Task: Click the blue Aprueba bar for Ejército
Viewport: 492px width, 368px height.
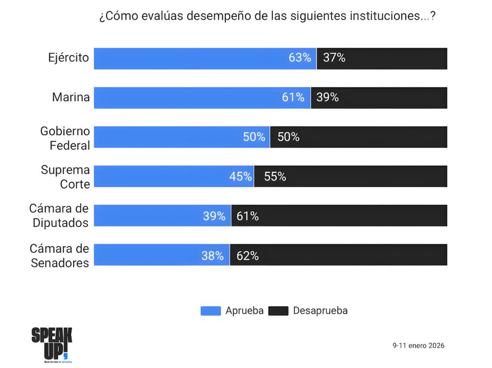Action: coord(192,59)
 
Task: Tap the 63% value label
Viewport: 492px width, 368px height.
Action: coord(300,58)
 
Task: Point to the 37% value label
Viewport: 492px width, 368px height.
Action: coord(334,58)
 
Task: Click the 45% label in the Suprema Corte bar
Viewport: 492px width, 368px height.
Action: coord(240,177)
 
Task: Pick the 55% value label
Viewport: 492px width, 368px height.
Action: coord(275,177)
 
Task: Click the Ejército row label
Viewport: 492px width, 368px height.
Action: coord(69,58)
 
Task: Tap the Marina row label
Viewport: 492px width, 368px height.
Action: coord(71,97)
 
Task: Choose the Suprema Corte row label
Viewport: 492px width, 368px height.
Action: coord(65,177)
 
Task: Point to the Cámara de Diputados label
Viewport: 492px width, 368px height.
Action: coord(59,216)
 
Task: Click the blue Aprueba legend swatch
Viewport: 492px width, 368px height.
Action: coord(210,311)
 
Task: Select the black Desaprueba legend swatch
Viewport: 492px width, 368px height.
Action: coord(278,311)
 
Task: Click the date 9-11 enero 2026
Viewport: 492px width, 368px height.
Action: coord(418,345)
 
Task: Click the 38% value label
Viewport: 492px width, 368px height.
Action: coord(212,256)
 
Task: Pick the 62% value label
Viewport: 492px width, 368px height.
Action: coord(247,256)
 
